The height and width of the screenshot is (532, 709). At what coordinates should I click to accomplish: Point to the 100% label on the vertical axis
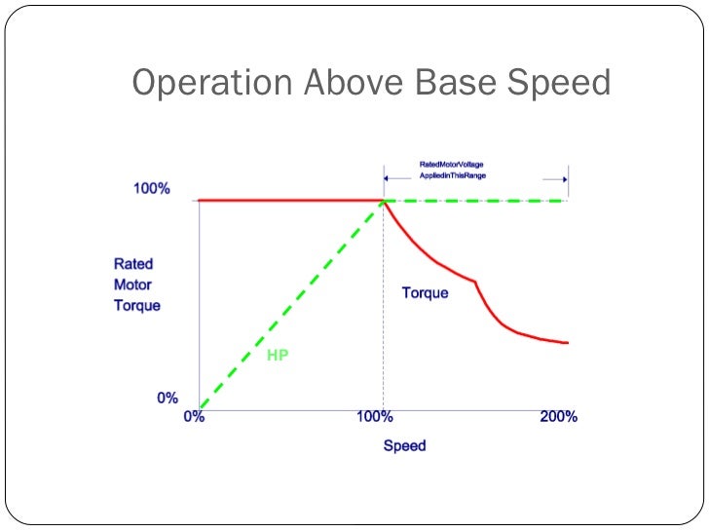pyautogui.click(x=152, y=189)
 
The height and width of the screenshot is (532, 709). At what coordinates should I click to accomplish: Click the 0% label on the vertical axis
pyautogui.click(x=168, y=398)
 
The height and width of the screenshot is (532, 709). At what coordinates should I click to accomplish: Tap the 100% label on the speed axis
pyautogui.click(x=374, y=417)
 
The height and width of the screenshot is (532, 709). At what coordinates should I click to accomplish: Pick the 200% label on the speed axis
pyautogui.click(x=559, y=417)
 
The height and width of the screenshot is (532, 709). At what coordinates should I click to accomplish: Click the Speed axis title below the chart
pyautogui.click(x=404, y=446)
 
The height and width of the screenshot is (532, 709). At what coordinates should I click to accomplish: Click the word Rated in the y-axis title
pyautogui.click(x=132, y=263)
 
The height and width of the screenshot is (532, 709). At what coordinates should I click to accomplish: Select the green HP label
pyautogui.click(x=278, y=356)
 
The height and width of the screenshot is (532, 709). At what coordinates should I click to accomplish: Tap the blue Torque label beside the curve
pyautogui.click(x=426, y=292)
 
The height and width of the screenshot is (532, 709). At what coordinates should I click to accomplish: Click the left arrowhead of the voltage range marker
pyautogui.click(x=387, y=179)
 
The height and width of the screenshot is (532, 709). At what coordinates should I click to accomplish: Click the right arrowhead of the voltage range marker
pyautogui.click(x=564, y=179)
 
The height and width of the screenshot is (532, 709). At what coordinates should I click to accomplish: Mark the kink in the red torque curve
pyautogui.click(x=474, y=282)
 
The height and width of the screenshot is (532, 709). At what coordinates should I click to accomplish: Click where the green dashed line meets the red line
pyautogui.click(x=383, y=201)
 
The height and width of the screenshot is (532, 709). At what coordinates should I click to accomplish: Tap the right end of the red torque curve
pyautogui.click(x=567, y=343)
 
